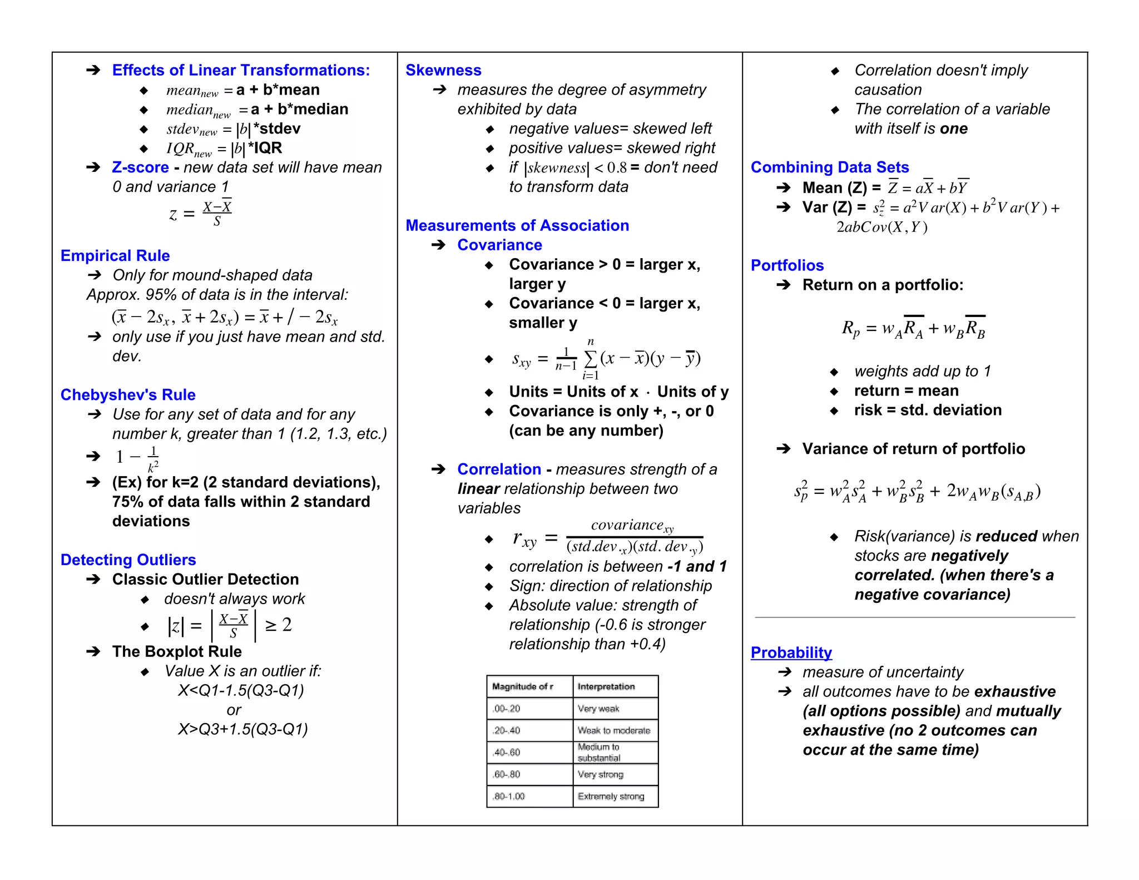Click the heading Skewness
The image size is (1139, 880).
point(443,70)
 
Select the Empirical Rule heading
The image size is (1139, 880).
point(115,255)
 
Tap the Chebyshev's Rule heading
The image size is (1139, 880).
point(128,394)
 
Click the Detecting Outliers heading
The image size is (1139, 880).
point(128,560)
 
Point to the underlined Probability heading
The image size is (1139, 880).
point(791,652)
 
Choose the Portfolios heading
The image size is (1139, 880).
point(787,265)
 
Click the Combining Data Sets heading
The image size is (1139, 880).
point(829,167)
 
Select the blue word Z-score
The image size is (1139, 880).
point(140,167)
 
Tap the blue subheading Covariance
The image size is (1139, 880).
point(499,245)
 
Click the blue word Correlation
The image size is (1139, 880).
point(499,469)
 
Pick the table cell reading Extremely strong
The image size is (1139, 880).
point(611,797)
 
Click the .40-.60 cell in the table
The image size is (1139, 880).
point(507,753)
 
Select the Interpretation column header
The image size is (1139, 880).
point(606,686)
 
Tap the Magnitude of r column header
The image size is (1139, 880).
point(522,686)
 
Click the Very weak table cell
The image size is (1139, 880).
point(598,709)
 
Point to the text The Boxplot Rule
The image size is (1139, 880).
point(177,651)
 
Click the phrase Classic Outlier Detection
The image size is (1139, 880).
point(205,579)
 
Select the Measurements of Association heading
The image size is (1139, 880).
point(517,225)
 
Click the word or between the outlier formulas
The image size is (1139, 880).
point(234,710)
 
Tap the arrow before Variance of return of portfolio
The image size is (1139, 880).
point(783,449)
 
